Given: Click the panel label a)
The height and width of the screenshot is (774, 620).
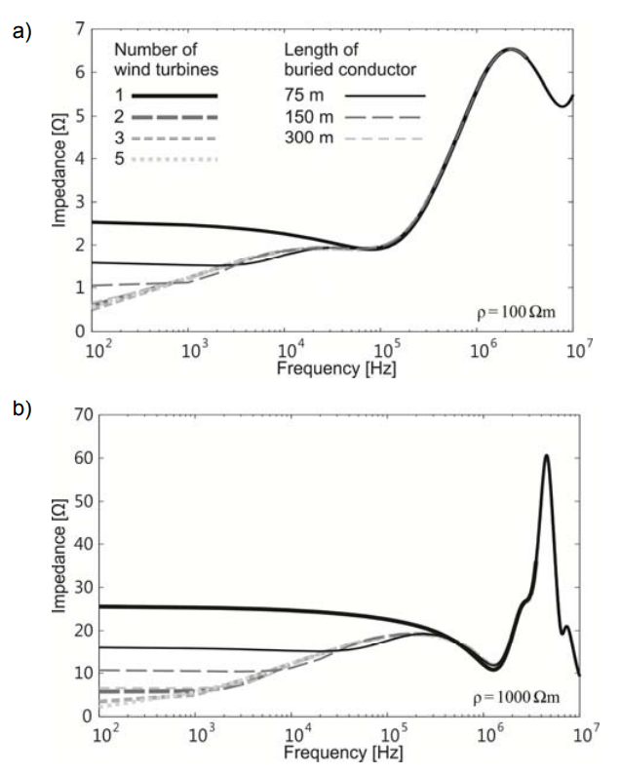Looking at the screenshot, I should click(19, 32).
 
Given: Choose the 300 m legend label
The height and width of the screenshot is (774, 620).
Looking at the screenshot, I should click(310, 138).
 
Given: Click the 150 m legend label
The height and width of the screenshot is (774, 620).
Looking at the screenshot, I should click(310, 117).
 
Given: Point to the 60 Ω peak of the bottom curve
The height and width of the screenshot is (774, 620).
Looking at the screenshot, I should click(546, 455).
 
